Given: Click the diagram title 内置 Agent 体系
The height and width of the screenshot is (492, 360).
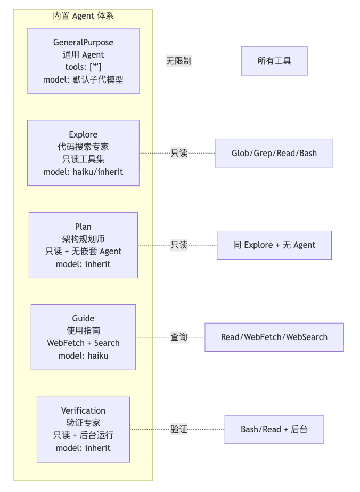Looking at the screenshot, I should coord(83,16).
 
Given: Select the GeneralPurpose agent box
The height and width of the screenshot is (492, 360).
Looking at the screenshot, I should coord(83,61).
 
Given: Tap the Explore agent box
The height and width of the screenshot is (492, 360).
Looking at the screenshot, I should coord(83,153).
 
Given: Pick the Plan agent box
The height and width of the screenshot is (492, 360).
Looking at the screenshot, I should coord(83,245).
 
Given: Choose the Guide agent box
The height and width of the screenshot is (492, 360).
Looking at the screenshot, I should coord(83,337).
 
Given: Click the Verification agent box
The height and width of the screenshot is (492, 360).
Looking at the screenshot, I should coord(83,429).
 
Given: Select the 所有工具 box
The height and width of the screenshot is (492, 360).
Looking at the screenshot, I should coord(274,61).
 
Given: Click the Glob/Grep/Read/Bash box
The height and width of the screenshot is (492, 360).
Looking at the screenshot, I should coord(274,153).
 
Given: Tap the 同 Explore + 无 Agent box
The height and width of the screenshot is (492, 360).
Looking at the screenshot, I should coord(274,245).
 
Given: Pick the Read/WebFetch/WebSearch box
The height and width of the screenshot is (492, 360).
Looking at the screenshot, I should coord(274,337).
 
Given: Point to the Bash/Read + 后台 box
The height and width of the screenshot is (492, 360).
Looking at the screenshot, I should coord(274,429).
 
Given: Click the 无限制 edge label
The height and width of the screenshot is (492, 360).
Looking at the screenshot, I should coord(178,61).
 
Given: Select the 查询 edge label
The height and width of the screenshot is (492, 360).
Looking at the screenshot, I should coord(179,337).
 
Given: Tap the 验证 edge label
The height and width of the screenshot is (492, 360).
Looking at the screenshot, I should coord(179,429).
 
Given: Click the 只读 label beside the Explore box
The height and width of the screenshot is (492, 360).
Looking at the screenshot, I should coord(179,153).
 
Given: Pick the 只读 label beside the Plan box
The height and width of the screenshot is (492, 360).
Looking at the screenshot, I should coord(179,245).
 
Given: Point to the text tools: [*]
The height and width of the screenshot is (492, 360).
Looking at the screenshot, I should coord(83,67).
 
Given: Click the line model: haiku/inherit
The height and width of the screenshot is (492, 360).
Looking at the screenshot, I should coord(83,172).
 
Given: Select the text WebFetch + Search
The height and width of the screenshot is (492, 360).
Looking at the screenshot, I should coord(83,343).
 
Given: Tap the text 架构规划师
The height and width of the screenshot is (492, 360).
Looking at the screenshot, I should coord(83,239).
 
